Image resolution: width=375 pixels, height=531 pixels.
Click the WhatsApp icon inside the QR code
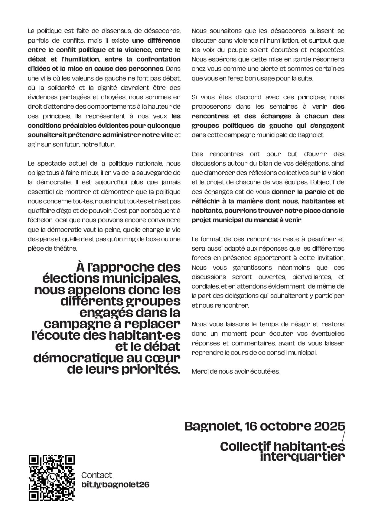pos(52,478)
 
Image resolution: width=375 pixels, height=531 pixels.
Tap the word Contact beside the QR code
pos(96,475)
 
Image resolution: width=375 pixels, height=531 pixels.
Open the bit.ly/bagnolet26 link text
pos(115,484)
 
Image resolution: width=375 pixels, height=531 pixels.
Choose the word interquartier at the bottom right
pos(302,457)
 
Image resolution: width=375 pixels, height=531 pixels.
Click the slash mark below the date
pos(343,436)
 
